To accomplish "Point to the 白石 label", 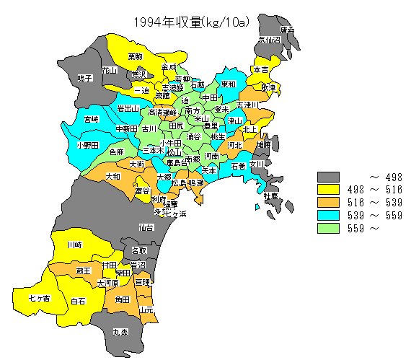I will (x=79, y=301).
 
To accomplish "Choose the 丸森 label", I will (x=120, y=333).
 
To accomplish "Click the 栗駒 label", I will (x=136, y=56).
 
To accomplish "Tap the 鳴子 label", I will (x=85, y=78).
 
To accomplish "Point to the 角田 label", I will (x=122, y=299).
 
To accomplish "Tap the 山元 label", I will (x=146, y=309).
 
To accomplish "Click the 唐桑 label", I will (x=287, y=30).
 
